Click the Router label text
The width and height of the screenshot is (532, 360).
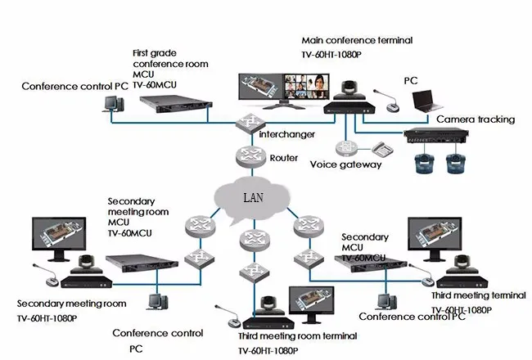point(284,158)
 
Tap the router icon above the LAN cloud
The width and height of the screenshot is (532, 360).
point(250,155)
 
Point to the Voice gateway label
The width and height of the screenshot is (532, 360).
point(345,164)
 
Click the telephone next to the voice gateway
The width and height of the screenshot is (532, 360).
point(383,150)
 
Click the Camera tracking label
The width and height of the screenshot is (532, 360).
point(475,119)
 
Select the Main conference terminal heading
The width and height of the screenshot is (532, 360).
point(357,40)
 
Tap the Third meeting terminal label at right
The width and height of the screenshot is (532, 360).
point(478,295)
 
